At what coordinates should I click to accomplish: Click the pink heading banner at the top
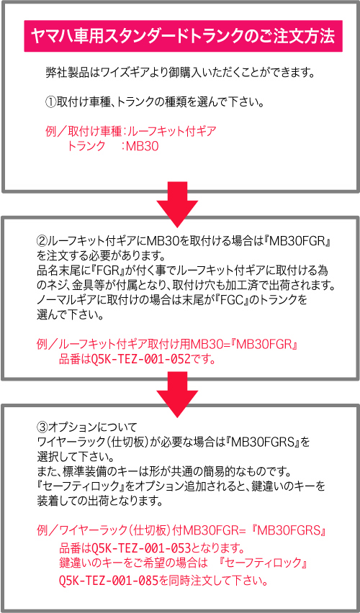(183, 37)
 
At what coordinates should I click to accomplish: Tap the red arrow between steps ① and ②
(177, 204)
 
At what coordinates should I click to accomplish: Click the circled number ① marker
(51, 103)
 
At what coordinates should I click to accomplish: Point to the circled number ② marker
(42, 239)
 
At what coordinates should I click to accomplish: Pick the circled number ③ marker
(42, 424)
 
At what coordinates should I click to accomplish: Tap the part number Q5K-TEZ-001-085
(109, 581)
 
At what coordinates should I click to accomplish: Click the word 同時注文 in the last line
(187, 581)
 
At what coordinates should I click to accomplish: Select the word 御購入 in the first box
(185, 73)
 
